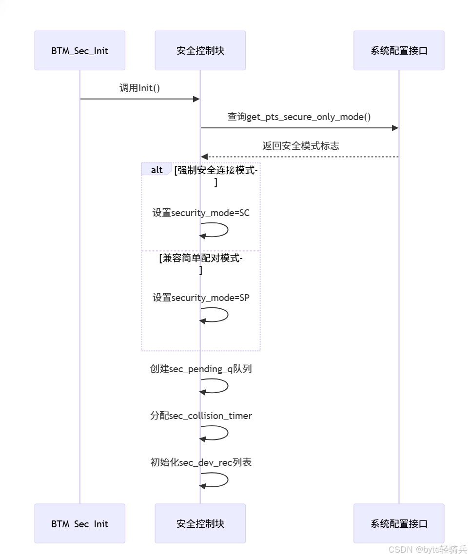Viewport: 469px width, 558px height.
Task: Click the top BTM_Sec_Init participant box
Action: coord(80,51)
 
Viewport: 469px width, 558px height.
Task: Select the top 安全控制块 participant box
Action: coord(200,51)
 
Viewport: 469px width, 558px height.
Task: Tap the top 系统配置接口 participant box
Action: coord(399,51)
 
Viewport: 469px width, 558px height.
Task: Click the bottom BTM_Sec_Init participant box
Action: coord(80,524)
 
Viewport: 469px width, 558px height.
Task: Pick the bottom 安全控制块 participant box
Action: coord(200,524)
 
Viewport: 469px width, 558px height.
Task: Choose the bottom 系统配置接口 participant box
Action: coord(399,524)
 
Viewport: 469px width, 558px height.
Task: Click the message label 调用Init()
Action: coord(140,88)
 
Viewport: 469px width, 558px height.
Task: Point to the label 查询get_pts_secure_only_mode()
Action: coord(299,117)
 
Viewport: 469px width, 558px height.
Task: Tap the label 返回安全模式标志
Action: coord(300,146)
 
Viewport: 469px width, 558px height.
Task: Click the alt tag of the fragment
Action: coord(156,170)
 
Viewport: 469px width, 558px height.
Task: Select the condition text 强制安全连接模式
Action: coord(216,171)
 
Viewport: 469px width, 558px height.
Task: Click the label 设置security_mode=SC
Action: coord(201,213)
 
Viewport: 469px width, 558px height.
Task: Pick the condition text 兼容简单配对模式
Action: coord(201,259)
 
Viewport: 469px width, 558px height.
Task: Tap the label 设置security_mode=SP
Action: coord(201,298)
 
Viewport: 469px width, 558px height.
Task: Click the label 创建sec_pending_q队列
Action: coord(201,369)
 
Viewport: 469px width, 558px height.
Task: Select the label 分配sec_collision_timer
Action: coord(201,416)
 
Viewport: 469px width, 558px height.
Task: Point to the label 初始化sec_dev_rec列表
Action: coord(201,462)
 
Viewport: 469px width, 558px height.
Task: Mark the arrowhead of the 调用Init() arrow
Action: coord(196,99)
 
